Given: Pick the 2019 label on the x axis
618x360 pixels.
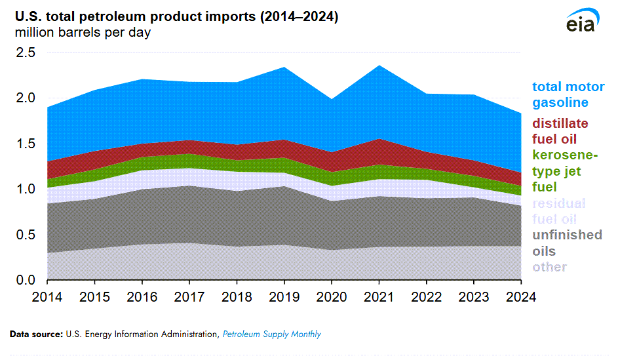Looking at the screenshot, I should pos(284,296).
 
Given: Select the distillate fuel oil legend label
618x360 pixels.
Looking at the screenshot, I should pos(560,131).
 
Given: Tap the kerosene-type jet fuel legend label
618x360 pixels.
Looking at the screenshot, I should pos(565,171).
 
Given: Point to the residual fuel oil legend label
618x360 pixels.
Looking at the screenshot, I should pos(559,211).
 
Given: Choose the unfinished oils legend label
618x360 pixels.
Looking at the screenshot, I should pos(567,243).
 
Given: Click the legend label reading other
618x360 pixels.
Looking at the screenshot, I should pos(549,267).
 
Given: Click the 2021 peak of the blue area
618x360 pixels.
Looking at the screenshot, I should pos(379,66).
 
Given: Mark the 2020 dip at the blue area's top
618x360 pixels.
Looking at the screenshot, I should pos(332,100).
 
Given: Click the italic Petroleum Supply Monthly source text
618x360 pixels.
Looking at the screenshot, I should pos(271,334).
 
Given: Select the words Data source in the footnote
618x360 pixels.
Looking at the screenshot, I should pos(36,334).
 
